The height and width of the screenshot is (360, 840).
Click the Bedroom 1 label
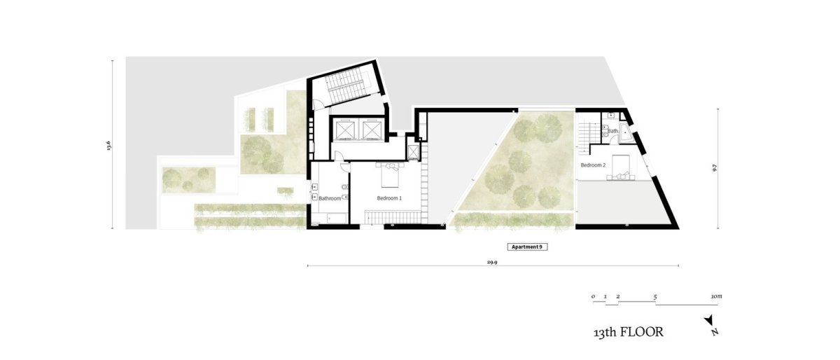[x=389, y=198]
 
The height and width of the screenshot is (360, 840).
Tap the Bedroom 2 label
[x=593, y=165]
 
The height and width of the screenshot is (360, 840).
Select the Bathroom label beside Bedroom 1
[x=330, y=198]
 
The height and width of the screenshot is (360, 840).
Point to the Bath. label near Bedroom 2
[x=613, y=131]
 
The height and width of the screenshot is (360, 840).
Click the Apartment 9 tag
[x=527, y=247]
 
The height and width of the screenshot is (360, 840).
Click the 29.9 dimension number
[x=492, y=262]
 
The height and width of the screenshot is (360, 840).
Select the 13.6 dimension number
[x=109, y=145]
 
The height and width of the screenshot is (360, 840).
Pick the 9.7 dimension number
[x=715, y=168]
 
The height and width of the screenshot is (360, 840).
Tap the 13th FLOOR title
[x=629, y=332]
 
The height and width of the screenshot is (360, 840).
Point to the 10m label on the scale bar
[x=716, y=296]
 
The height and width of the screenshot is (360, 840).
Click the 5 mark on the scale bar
[x=655, y=297]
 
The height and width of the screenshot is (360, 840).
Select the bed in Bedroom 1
[x=390, y=174]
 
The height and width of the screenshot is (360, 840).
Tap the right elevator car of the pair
[x=370, y=130]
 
